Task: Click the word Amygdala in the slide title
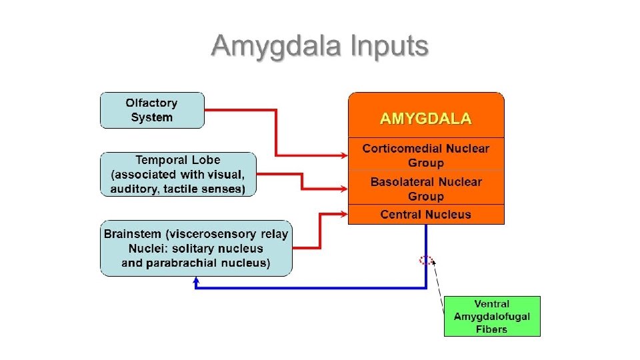point(276,47)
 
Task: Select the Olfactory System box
point(152,110)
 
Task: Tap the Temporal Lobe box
point(179,174)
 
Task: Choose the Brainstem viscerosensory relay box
point(196,248)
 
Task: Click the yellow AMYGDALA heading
point(426,119)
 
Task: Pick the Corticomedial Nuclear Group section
point(426,155)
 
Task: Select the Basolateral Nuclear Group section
point(426,188)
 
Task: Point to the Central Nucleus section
point(426,214)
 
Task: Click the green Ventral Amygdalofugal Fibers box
point(492,316)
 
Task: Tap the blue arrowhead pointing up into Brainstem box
point(196,281)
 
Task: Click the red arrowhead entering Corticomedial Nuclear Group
point(345,155)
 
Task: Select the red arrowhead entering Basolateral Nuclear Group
point(345,189)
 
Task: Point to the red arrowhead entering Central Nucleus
point(345,214)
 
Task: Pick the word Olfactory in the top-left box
point(151,103)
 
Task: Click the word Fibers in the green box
point(491,329)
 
